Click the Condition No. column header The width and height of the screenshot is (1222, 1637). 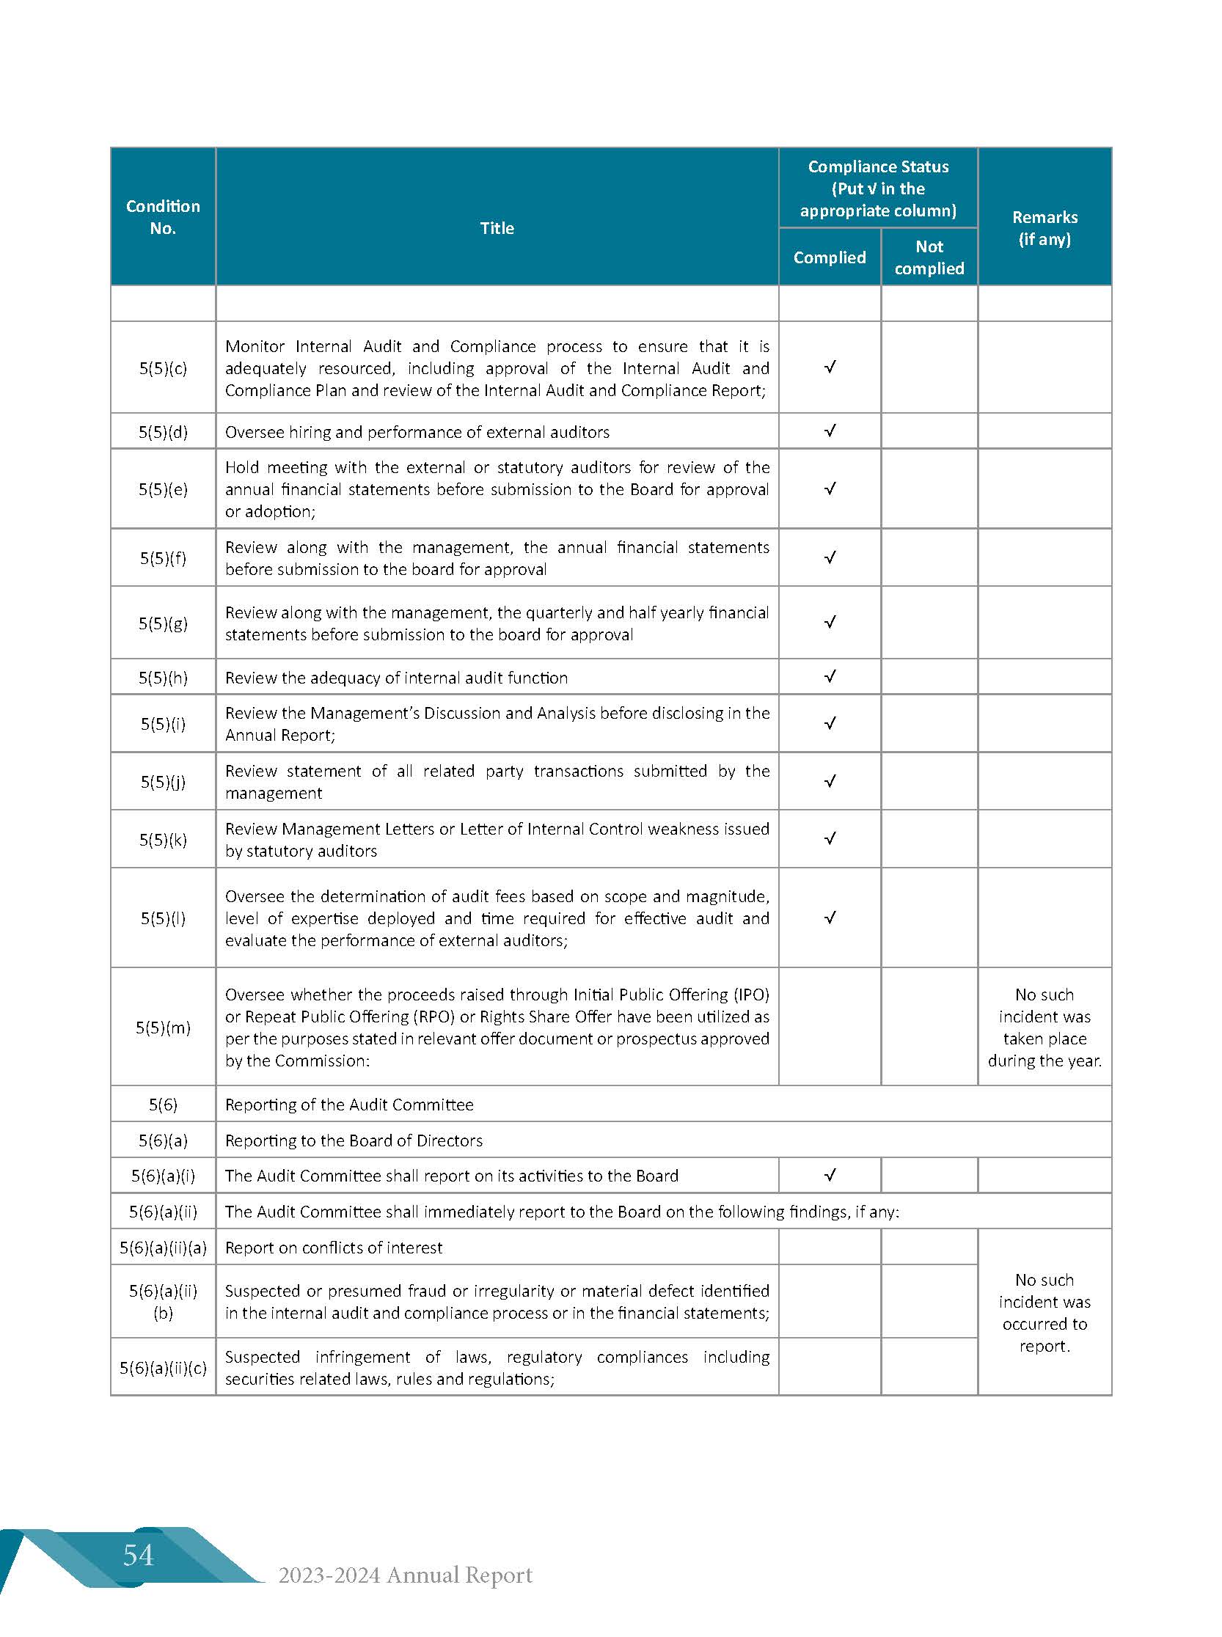163,217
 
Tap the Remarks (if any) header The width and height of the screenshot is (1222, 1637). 1044,228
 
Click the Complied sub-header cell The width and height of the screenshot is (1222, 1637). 828,257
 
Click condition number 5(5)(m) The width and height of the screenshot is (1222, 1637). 163,1028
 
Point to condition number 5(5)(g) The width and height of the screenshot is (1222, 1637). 163,623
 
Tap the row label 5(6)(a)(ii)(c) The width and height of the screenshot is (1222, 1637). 163,1368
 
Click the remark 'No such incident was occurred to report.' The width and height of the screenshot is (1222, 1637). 1044,1312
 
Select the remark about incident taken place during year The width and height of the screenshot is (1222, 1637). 1044,1028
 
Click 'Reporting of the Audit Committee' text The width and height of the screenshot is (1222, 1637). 349,1105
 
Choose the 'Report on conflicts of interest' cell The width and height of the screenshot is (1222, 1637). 334,1247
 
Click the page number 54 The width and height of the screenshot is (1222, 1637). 139,1556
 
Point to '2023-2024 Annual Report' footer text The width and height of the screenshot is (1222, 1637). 406,1575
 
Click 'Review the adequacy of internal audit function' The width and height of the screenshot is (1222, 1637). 397,678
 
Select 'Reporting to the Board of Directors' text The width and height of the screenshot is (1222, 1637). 354,1140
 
